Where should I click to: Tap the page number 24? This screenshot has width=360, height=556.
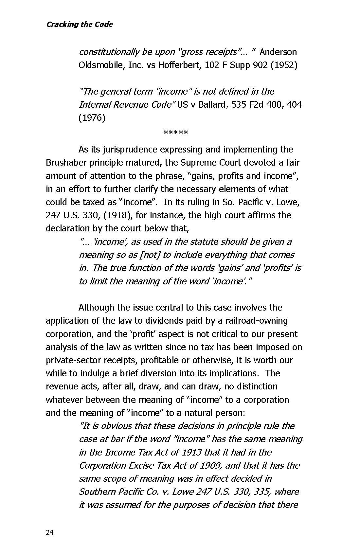pos(49,533)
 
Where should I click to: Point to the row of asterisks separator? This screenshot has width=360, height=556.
pos(176,133)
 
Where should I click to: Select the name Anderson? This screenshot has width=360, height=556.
pos(278,52)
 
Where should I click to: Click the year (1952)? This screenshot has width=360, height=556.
pos(285,65)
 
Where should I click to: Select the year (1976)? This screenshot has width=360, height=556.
pos(92,118)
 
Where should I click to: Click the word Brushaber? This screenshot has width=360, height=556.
pos(66,163)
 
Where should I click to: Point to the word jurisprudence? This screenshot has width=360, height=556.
pos(130,150)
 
